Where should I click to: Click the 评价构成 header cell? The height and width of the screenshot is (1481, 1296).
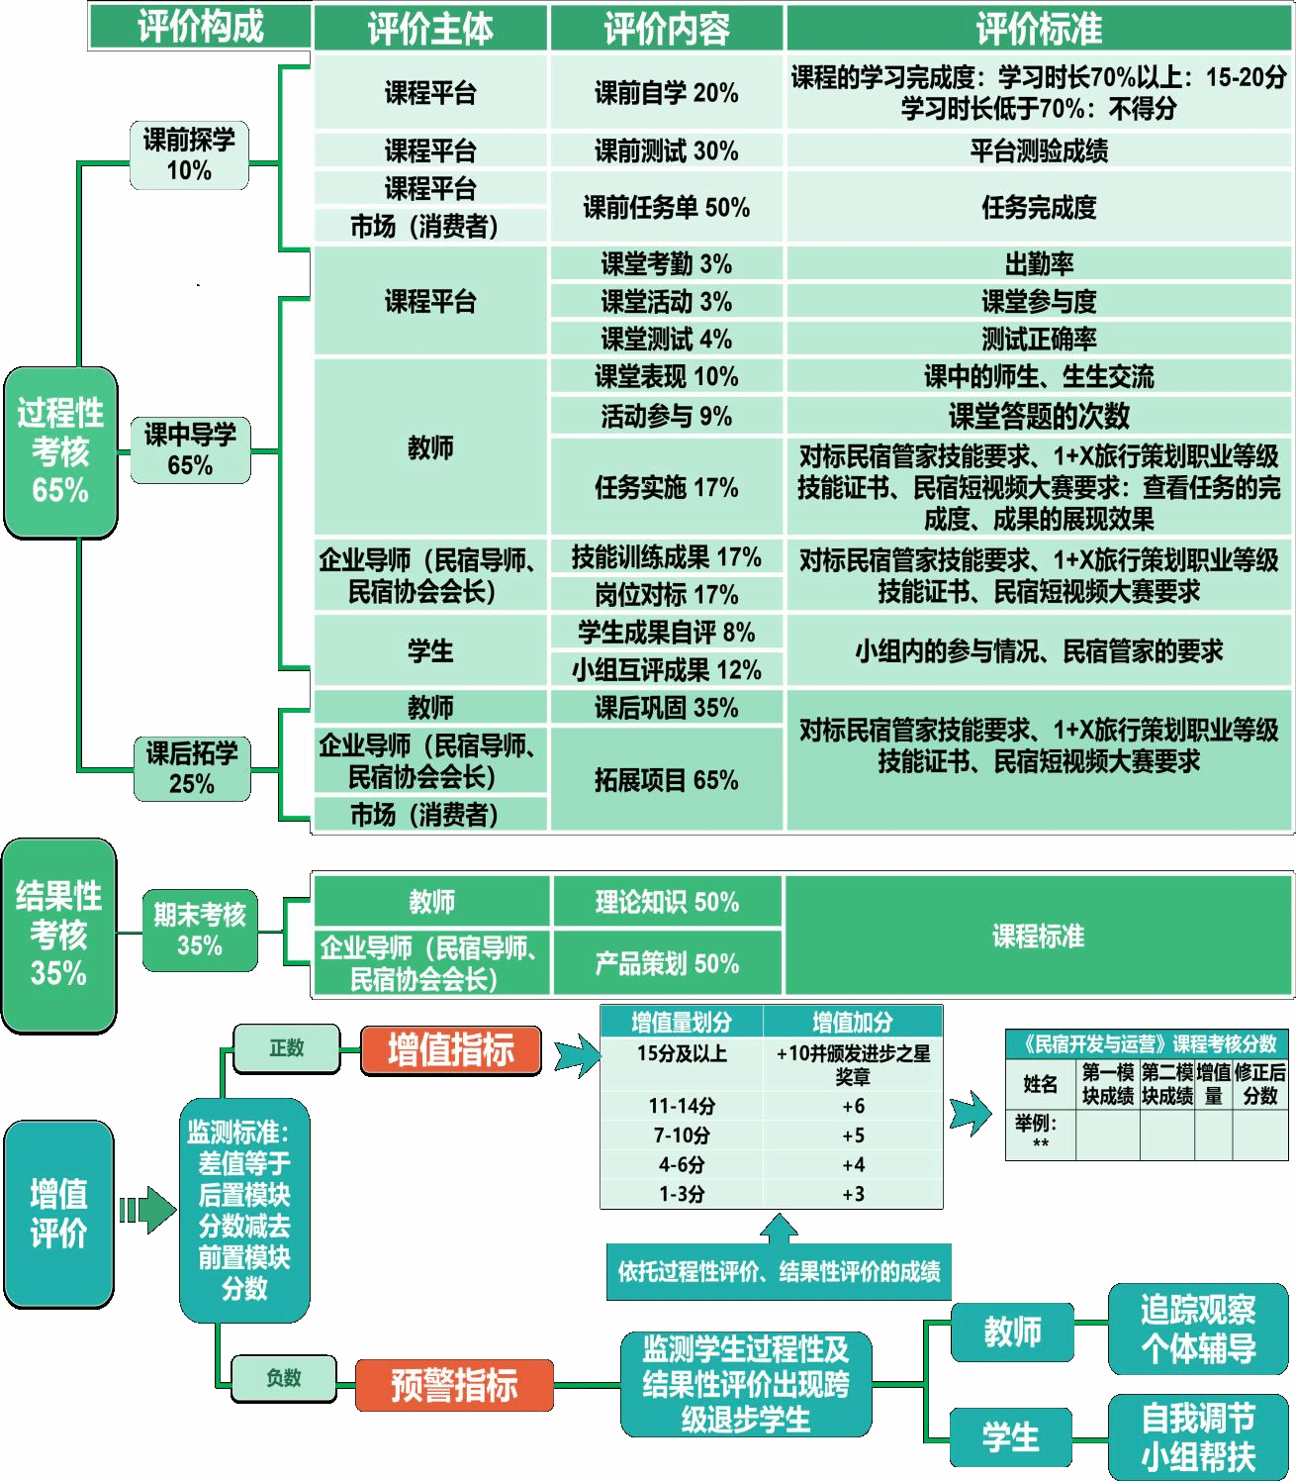coord(200,27)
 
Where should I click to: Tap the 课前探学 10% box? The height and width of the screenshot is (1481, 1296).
coord(189,155)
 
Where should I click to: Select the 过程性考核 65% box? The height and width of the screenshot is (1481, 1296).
coord(60,452)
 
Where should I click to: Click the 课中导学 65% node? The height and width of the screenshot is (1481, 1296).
coord(190,449)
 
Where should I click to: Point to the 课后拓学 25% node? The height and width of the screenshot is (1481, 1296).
coord(192,768)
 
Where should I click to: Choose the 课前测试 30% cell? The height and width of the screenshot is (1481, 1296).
coord(666,150)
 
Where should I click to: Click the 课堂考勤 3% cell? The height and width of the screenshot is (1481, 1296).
coord(666,263)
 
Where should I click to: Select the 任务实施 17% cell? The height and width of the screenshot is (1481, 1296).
coord(666,487)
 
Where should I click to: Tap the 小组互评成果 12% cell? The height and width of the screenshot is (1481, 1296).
coord(666,670)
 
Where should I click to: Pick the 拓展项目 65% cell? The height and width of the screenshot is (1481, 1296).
coord(666,780)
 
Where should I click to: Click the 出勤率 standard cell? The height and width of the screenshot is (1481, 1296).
coord(1039,263)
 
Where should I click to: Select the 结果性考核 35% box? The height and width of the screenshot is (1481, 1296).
coord(59,935)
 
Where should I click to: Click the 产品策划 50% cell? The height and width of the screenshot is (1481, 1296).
coord(666,963)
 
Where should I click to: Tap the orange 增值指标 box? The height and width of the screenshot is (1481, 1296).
coord(451,1050)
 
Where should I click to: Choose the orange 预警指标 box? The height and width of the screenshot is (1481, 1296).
coord(454,1385)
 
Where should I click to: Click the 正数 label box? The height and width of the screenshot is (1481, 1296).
coord(287,1048)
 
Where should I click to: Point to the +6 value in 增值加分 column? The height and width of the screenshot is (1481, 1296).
coord(853,1106)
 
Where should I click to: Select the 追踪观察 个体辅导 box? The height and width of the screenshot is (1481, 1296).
coord(1198,1330)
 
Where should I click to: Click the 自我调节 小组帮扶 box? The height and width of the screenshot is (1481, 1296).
coord(1198,1437)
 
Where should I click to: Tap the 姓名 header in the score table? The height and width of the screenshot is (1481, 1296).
coord(1040,1084)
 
